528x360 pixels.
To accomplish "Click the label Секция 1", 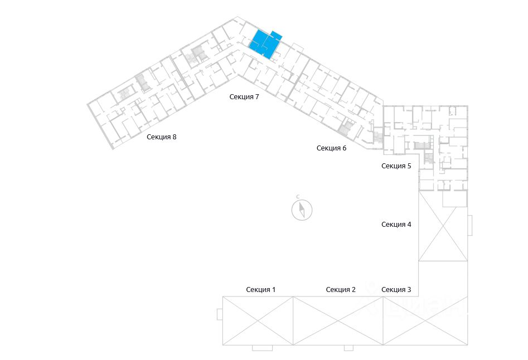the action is [261, 289].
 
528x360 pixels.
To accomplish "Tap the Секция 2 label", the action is [341, 289].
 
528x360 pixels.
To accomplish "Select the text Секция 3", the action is [396, 289].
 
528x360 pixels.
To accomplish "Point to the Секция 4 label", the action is [396, 225].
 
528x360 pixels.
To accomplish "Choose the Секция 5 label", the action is [396, 166].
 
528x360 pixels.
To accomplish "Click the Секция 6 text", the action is [332, 148].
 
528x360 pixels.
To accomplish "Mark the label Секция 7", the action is [244, 97].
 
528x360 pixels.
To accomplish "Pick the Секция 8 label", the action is [162, 137].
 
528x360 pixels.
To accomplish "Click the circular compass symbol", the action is [302, 210].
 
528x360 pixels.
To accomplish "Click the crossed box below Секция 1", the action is [258, 321].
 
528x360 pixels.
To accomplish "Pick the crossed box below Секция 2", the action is [338, 321].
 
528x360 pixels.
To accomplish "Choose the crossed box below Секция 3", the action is [425, 321].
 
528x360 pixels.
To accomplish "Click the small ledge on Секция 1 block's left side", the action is [220, 315].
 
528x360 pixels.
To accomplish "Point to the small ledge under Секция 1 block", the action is [262, 348].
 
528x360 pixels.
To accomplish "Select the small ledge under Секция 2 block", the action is [348, 348].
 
